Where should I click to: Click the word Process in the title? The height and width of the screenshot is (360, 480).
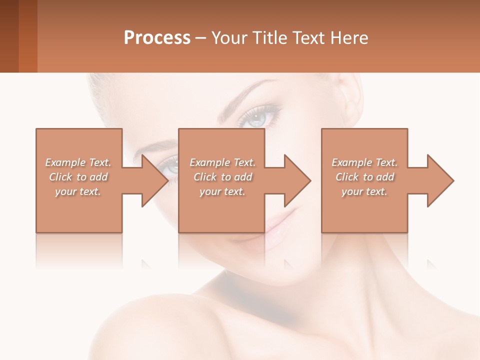pos(157,38)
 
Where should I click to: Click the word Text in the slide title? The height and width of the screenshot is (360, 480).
pos(307,38)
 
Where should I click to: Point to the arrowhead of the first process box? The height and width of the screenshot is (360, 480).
pos(155,180)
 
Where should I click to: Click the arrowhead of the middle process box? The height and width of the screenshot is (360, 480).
pos(297,180)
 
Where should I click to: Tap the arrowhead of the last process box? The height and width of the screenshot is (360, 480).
pos(440,180)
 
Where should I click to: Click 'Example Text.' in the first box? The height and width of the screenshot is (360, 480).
pos(78,162)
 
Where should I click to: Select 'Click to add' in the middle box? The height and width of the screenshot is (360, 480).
pos(223,177)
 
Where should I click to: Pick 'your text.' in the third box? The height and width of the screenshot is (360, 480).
pos(364,191)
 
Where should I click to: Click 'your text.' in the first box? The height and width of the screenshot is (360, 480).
pos(78,191)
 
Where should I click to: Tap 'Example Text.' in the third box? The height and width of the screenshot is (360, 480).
pos(364,162)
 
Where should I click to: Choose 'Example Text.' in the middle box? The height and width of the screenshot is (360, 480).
pos(223,162)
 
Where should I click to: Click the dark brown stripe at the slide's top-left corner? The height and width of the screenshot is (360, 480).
pos(9,36)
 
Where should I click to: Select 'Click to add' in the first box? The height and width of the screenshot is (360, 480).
pos(78,177)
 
